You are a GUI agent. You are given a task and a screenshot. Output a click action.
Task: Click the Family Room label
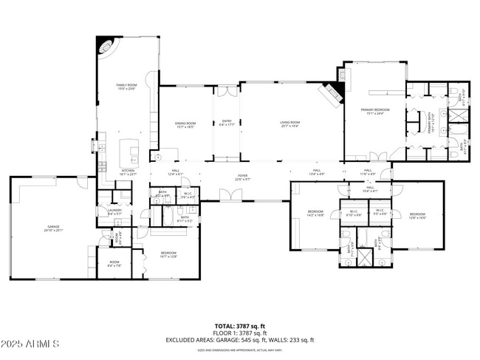coord(127,87)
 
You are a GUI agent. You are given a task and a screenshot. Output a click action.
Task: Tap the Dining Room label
coord(185,125)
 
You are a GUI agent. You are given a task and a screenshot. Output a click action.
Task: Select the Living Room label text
coord(289,124)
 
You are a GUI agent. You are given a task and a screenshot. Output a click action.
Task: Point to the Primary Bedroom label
coord(374,112)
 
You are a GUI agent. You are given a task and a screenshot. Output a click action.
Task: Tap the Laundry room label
coord(114,211)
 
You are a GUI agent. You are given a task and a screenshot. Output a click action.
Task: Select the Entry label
coord(226,124)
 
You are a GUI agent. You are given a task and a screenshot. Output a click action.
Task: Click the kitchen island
coord(134,152)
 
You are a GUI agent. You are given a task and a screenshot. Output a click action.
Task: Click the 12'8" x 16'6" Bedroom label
coord(417,216)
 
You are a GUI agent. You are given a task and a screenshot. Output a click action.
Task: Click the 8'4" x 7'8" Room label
coord(114,263)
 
